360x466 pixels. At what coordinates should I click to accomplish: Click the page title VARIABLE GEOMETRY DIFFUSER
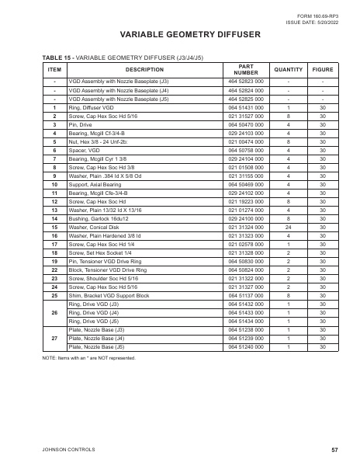point(180,36)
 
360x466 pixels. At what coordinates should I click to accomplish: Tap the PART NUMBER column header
point(246,69)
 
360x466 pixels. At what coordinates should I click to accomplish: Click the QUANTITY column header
point(289,69)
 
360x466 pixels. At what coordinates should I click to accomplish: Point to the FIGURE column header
point(323,69)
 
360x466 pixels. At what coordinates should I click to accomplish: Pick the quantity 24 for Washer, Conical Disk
point(289,204)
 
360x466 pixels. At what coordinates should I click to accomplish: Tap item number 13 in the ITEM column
point(54,190)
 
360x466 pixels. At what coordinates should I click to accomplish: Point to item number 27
point(54,339)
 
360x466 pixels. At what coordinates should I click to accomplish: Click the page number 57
point(334,450)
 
